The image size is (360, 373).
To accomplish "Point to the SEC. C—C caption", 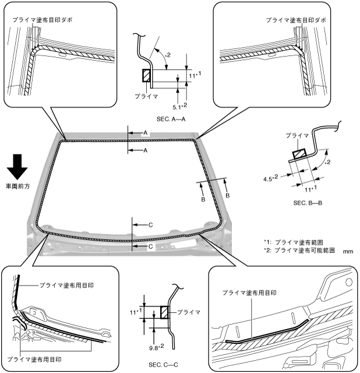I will [x=166, y=364].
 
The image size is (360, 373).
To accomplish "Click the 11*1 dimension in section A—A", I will [x=195, y=76].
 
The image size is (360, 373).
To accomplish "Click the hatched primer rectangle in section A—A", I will [x=146, y=76].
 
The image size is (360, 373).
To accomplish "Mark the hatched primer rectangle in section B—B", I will [x=298, y=153].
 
